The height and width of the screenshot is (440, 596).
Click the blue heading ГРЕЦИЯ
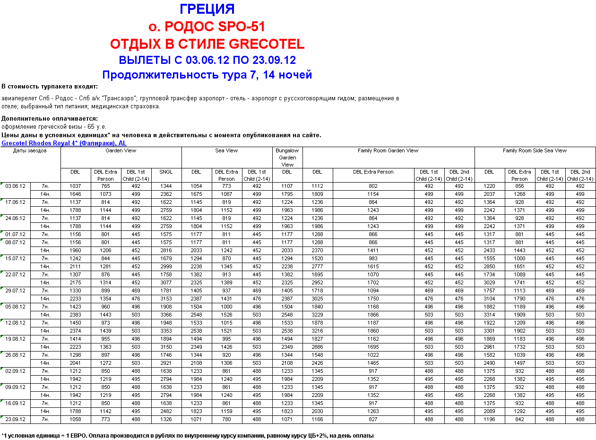tap(207, 9)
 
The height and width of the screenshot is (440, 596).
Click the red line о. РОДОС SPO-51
tap(207, 26)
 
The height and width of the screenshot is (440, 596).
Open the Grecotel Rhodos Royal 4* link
tap(64, 143)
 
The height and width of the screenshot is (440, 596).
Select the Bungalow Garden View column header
tap(287, 158)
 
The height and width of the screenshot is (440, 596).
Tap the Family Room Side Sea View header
tap(535, 150)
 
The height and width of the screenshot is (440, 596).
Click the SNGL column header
tap(166, 172)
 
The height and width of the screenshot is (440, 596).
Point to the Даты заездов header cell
tap(30, 150)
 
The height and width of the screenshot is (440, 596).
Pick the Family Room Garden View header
tap(388, 150)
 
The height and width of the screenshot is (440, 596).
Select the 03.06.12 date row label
tap(16, 186)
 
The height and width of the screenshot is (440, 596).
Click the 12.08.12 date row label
tap(16, 323)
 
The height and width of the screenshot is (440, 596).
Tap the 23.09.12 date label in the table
tap(16, 419)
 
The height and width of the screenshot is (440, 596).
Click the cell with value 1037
tap(75, 186)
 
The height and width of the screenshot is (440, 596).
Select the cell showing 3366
tap(166, 315)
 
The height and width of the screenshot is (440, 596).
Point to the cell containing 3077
tap(166, 282)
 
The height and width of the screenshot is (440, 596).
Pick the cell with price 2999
tap(166, 266)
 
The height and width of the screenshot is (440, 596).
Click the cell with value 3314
tap(489, 315)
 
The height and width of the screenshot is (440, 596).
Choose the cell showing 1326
tap(166, 419)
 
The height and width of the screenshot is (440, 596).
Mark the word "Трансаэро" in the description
tap(121, 98)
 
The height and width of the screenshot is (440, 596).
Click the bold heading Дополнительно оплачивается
tap(50, 118)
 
